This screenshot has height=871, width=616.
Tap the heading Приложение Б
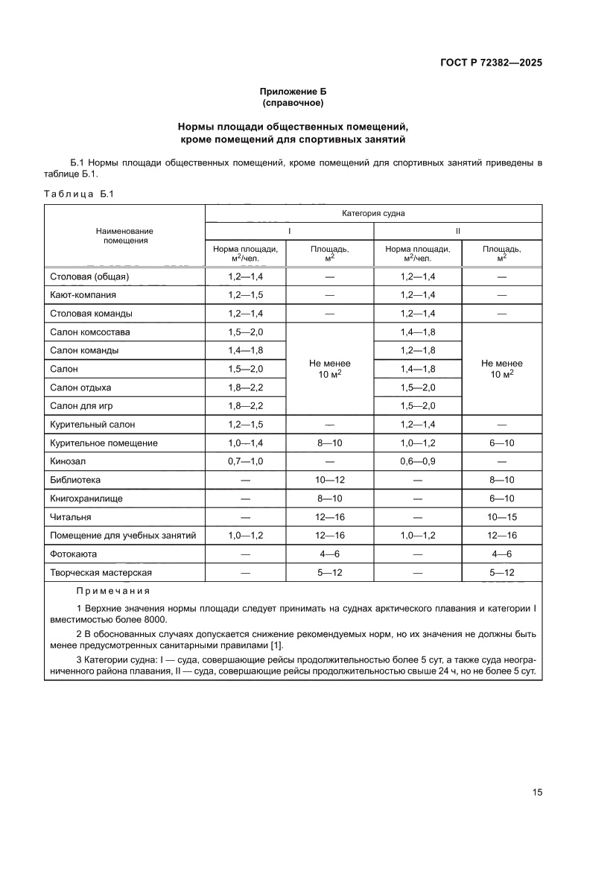(293, 91)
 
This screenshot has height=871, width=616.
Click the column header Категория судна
(373, 212)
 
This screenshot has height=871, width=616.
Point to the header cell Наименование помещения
(125, 235)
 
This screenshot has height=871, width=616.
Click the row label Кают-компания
(83, 295)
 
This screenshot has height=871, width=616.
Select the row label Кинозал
(68, 462)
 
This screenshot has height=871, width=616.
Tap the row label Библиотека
(75, 481)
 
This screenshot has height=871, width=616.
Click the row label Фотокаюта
(74, 554)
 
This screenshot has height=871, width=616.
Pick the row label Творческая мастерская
(101, 573)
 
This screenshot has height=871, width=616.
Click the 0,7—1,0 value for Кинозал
(246, 462)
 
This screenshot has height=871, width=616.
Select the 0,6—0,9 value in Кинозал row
(417, 462)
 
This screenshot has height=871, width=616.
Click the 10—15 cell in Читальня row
(501, 517)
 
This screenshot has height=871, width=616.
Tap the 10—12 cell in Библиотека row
(330, 481)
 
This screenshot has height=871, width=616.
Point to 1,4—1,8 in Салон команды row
(246, 350)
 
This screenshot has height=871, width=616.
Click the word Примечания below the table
(112, 591)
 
